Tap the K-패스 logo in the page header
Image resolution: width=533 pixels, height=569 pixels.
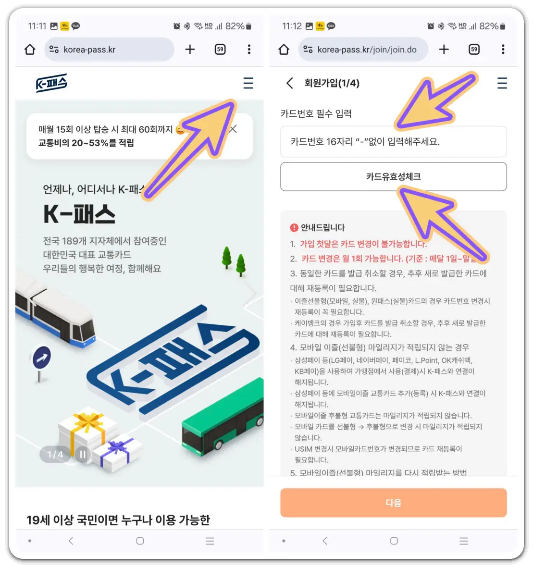[x=51, y=83]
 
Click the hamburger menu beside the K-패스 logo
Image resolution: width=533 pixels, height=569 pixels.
[x=248, y=83]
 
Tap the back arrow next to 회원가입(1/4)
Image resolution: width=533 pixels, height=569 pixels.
[x=289, y=83]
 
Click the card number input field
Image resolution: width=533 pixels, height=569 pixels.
[x=393, y=142]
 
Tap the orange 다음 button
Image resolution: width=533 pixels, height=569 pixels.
[x=393, y=503]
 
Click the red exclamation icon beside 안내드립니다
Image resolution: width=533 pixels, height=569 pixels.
[x=294, y=228]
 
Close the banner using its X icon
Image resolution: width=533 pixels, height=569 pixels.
[x=234, y=129]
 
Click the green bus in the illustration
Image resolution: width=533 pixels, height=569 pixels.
[x=223, y=413]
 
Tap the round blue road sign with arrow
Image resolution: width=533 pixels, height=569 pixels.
[x=42, y=358]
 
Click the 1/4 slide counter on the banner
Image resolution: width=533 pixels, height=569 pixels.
[x=55, y=454]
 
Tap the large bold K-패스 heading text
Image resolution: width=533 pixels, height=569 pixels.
[x=79, y=214]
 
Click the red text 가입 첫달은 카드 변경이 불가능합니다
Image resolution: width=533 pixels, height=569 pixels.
[x=363, y=244]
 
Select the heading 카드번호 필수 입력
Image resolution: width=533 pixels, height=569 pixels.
[x=316, y=114]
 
